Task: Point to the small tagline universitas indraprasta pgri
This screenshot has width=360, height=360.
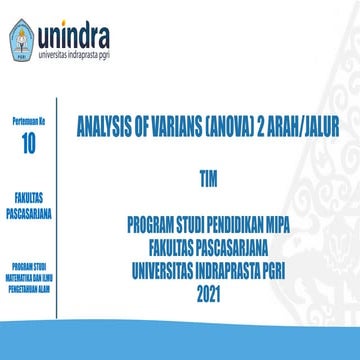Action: (82, 51)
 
